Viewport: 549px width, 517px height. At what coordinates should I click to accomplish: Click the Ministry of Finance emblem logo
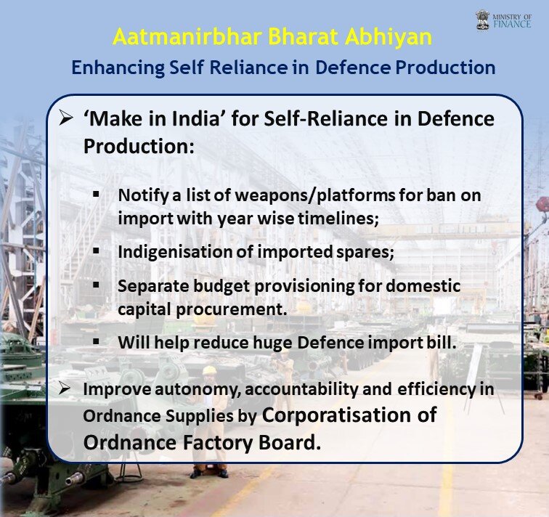point(483,20)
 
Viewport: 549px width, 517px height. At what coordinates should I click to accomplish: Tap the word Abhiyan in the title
point(389,38)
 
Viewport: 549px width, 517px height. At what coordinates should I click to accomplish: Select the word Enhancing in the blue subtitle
point(118,68)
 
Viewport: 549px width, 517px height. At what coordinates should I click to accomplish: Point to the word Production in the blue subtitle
point(445,68)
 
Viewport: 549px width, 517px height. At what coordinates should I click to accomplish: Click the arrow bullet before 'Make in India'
point(66,118)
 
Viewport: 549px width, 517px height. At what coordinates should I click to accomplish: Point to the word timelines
point(338,219)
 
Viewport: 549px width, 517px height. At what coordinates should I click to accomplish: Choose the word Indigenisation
point(175,253)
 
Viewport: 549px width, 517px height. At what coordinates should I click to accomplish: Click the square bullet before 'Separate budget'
point(97,285)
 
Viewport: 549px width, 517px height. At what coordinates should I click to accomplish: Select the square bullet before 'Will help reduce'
point(97,341)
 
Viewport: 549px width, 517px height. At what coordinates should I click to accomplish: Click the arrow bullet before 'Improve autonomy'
point(65,388)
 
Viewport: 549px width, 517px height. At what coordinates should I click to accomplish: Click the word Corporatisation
point(337,415)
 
